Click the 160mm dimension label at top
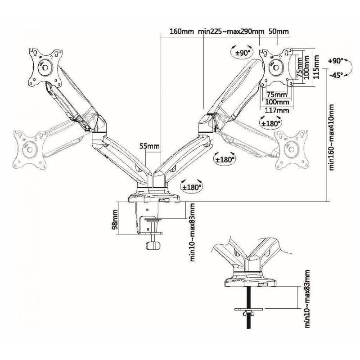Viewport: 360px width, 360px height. click(x=182, y=32)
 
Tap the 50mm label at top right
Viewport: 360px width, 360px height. click(x=279, y=32)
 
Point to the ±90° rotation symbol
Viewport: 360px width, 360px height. click(x=242, y=53)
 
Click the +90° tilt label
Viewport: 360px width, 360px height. click(x=336, y=60)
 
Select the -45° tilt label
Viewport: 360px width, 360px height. click(x=336, y=76)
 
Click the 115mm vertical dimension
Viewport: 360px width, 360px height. click(x=317, y=65)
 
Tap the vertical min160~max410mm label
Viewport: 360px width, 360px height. click(x=332, y=137)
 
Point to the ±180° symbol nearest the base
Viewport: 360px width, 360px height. click(x=191, y=185)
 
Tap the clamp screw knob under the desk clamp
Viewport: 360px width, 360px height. click(x=153, y=245)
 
